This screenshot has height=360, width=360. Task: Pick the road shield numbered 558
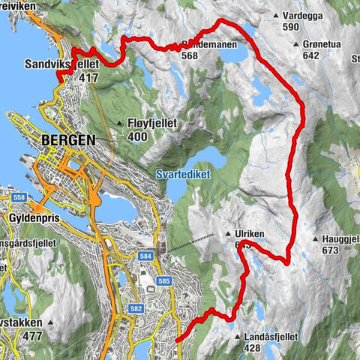coord(19,196)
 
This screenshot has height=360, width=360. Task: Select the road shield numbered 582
coord(136,308)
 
